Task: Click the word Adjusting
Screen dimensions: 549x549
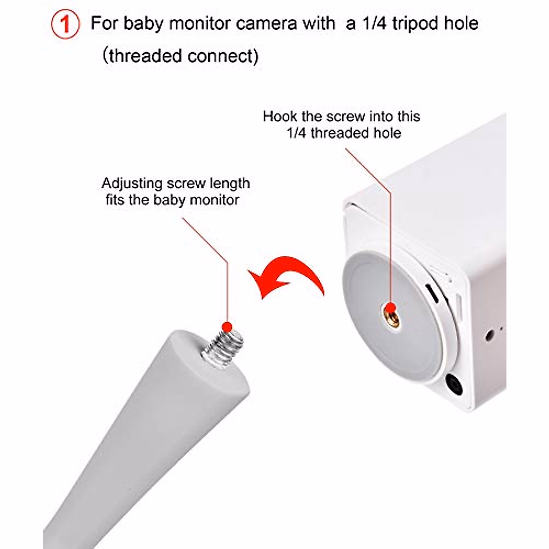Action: point(132,184)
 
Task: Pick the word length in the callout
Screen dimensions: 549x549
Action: point(230,184)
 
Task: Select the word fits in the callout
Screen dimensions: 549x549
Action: point(115,200)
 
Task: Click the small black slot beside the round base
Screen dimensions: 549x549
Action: point(432,293)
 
